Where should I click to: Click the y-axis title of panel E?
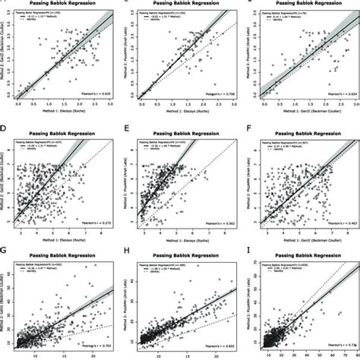[131, 178]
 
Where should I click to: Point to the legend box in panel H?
[161, 267]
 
